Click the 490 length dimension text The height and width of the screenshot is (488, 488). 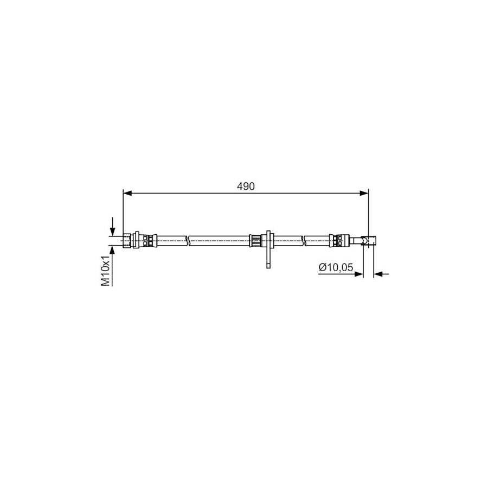click(246, 187)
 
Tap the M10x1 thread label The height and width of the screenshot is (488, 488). click(106, 270)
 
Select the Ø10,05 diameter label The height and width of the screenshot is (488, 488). click(336, 267)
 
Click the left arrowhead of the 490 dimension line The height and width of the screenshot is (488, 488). click(127, 193)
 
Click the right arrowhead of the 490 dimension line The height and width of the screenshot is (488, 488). click(364, 193)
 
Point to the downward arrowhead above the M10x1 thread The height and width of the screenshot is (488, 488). click(113, 232)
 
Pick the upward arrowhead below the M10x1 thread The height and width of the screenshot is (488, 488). click(113, 249)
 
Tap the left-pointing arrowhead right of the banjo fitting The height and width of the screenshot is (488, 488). click(378, 274)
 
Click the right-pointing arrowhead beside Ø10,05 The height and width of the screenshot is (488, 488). click(359, 274)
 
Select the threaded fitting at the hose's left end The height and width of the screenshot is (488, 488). click(127, 241)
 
